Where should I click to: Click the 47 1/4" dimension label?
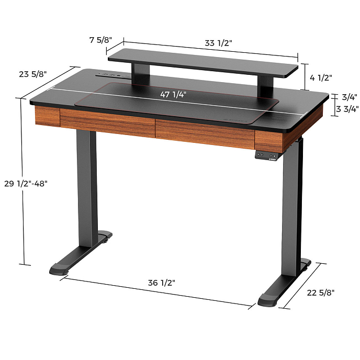173,95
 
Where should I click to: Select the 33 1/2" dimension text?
217,43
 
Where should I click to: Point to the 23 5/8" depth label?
33,74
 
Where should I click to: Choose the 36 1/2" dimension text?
161,283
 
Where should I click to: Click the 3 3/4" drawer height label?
346,109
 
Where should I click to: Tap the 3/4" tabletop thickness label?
349,97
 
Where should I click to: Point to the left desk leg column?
87,188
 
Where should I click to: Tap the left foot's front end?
59,271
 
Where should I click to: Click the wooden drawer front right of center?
204,133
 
